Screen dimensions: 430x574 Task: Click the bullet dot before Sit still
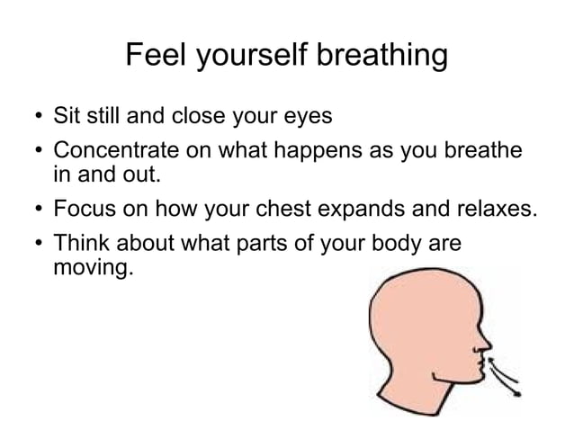coord(33,118)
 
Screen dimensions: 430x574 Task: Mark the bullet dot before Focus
coord(33,211)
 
